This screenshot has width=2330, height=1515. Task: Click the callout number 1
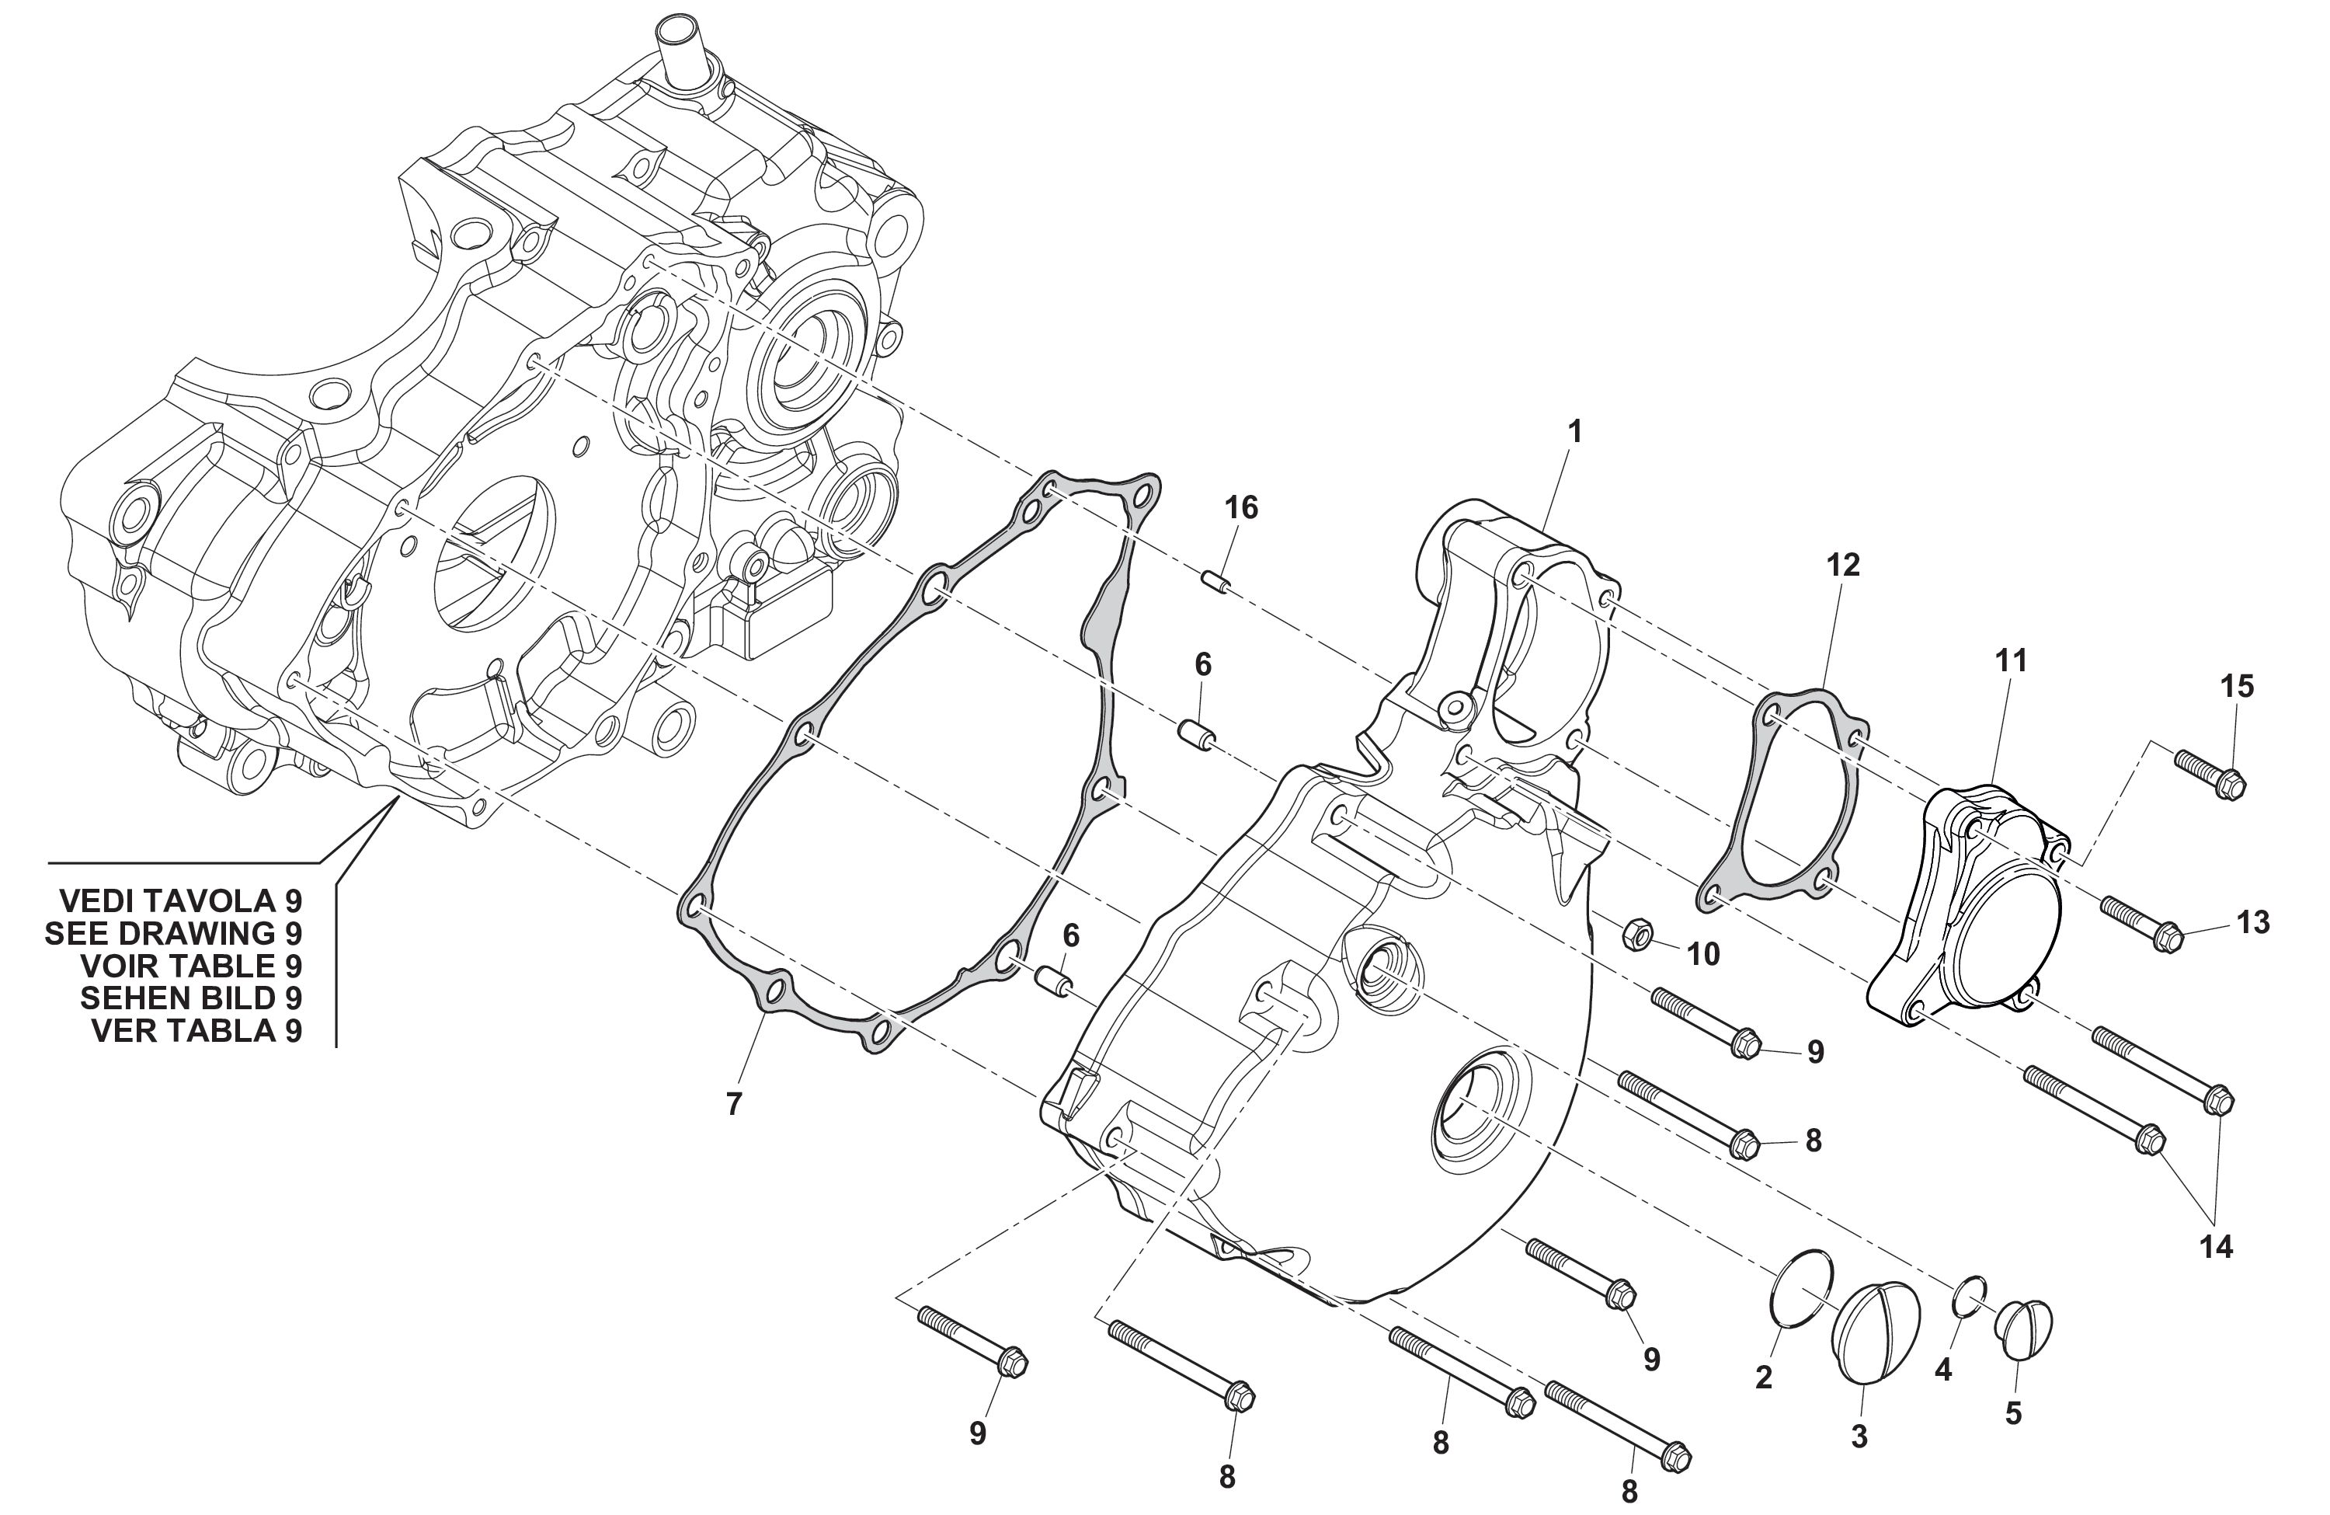coord(1574,431)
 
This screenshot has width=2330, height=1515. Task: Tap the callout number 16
coord(1241,507)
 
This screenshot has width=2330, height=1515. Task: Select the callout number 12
coord(1842,564)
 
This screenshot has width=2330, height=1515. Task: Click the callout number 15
coord(2237,687)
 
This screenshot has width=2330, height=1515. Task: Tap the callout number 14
coord(2217,1247)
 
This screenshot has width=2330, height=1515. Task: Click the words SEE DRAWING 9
coord(173,933)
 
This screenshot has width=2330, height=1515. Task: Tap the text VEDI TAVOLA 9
coord(181,901)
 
